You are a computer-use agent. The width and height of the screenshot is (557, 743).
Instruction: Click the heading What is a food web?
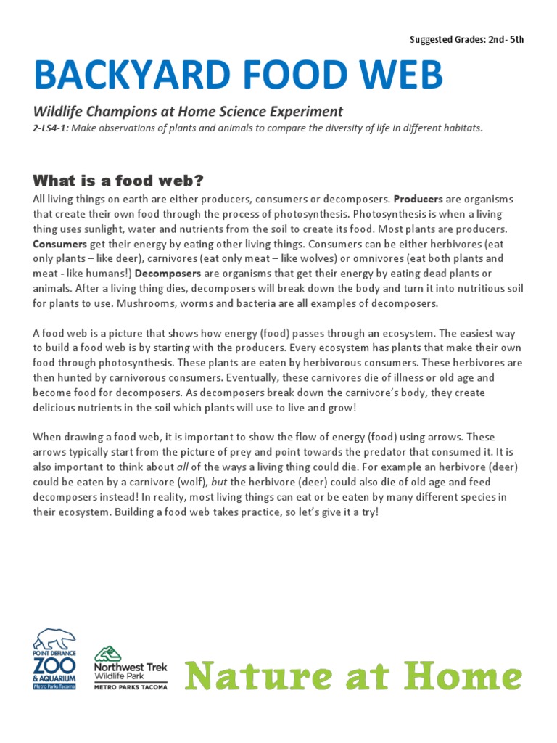(x=118, y=180)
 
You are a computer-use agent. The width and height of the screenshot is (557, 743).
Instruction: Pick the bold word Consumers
(x=59, y=244)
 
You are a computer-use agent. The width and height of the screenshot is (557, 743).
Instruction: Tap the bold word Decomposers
(x=168, y=274)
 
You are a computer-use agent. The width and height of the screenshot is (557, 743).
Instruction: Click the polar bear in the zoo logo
(x=54, y=640)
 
